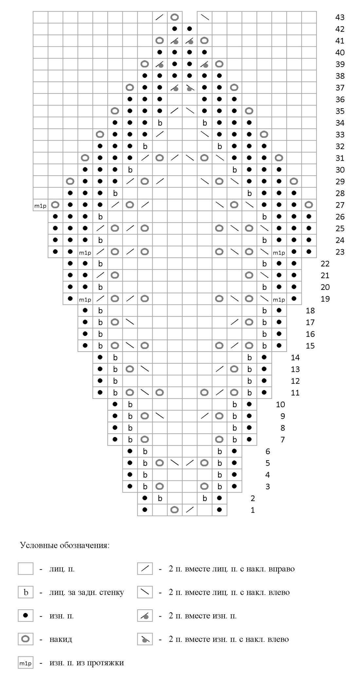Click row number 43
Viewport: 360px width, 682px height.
tap(340, 17)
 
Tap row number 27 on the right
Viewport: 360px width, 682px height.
tap(340, 205)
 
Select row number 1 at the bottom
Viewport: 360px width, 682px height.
tap(252, 510)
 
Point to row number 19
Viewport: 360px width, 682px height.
tap(325, 299)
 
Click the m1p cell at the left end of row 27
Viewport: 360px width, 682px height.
tap(40, 205)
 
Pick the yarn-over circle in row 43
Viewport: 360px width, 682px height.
tap(175, 17)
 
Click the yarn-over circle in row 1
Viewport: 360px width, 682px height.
tap(175, 510)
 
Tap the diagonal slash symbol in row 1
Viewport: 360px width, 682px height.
tap(189, 510)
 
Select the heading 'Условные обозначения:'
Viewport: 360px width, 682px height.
tap(65, 545)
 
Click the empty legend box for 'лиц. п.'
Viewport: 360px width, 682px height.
tap(26, 569)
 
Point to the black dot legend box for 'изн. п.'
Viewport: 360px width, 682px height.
tap(26, 616)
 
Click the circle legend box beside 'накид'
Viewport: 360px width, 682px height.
tap(26, 639)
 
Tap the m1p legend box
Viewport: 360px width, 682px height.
tap(26, 663)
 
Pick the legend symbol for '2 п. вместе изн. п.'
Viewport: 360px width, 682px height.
tap(145, 616)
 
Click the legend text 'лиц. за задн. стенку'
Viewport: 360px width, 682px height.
tap(87, 592)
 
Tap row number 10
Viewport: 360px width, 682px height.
tap(280, 405)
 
